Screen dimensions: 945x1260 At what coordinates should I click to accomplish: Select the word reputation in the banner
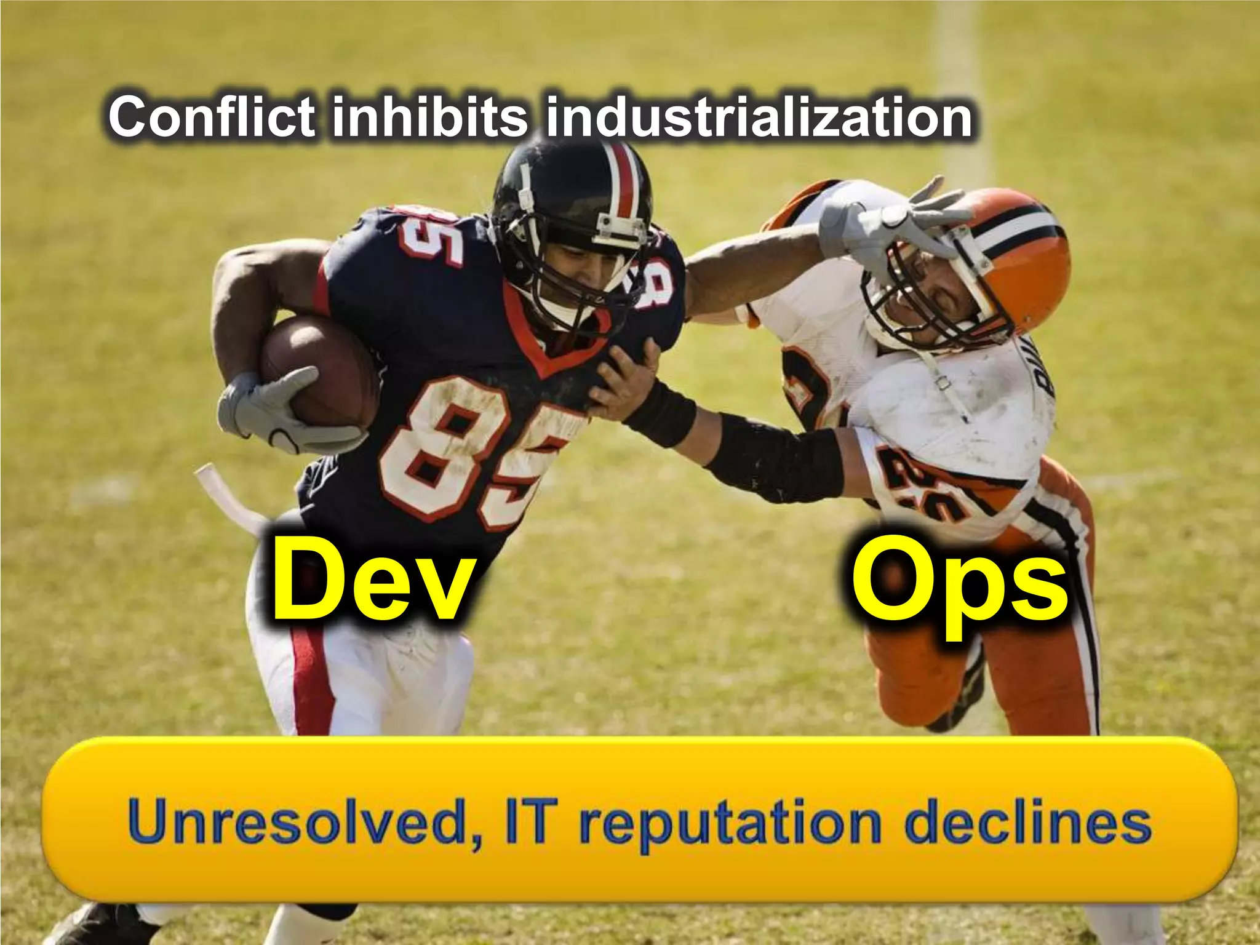733,824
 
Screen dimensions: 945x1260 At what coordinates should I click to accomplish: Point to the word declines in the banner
1027,821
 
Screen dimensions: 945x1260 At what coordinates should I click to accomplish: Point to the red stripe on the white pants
311,683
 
